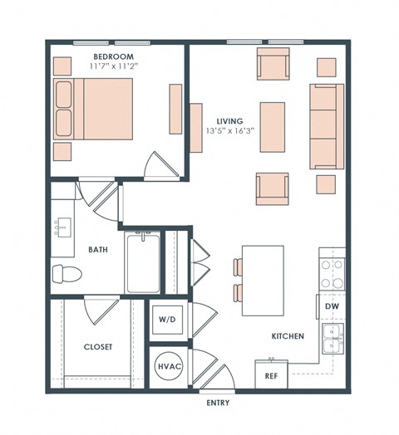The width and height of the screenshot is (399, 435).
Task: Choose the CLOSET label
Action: (x=97, y=346)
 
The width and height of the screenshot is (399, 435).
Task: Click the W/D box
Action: (x=165, y=319)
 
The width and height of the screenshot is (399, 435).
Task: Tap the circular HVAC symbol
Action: (x=166, y=365)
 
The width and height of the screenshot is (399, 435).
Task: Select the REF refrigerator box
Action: (x=271, y=374)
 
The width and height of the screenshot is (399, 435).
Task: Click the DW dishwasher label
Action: (x=332, y=305)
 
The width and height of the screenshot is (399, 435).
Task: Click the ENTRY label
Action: (x=217, y=403)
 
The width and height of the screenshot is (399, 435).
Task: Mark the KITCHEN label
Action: (x=287, y=336)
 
